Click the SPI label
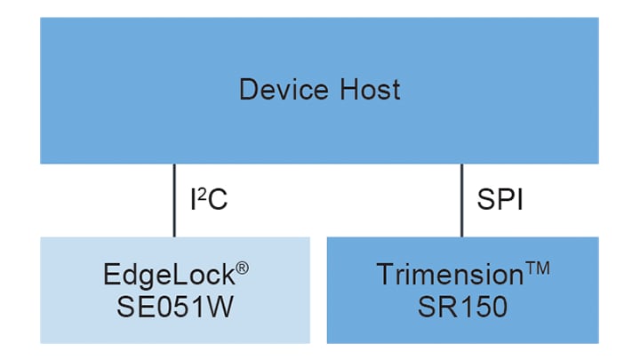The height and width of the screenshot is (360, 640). [x=500, y=200]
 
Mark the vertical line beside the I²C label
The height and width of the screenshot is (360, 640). [x=174, y=200]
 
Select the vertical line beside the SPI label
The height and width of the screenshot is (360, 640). [x=461, y=200]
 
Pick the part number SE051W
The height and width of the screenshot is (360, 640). [x=175, y=307]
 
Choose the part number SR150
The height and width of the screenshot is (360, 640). [x=461, y=307]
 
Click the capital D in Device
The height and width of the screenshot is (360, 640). [x=248, y=90]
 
